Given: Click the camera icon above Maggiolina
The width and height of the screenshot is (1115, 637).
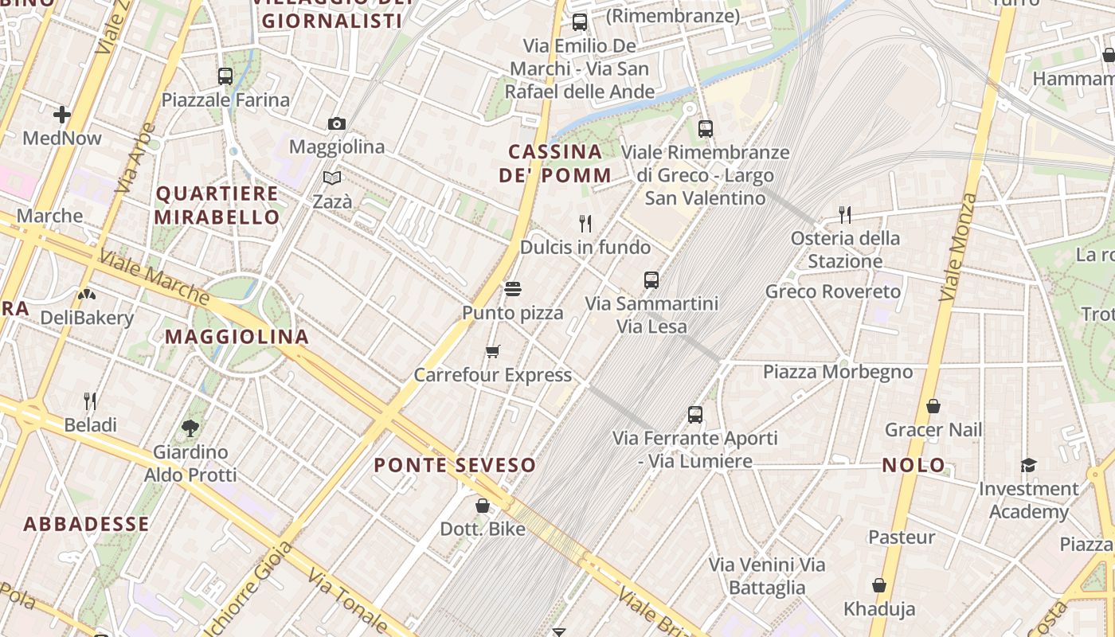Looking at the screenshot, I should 337,123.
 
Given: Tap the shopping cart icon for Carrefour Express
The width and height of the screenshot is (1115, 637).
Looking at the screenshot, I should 493,351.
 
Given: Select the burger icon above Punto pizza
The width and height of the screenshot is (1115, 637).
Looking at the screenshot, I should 513,288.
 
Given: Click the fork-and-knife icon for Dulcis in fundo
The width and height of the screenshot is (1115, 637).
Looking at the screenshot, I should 585,224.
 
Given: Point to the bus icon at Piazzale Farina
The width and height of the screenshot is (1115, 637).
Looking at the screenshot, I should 225,76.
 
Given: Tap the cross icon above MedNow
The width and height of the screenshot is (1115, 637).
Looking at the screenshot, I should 62,115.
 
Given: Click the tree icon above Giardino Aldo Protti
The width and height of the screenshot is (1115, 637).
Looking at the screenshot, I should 190,428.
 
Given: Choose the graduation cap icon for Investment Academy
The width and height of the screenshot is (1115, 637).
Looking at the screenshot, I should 1028,465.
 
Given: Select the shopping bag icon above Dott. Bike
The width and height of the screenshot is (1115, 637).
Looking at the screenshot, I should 482,506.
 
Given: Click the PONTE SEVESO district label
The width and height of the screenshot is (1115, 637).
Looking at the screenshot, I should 455,465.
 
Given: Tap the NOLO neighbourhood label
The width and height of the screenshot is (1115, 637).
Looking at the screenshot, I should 914,465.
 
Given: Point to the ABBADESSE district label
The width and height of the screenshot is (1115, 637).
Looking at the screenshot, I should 86,524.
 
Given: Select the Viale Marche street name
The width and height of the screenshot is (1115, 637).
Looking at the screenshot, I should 155,278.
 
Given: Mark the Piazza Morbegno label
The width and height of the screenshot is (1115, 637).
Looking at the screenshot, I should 838,372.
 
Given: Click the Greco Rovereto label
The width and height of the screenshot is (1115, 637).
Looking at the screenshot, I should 833,291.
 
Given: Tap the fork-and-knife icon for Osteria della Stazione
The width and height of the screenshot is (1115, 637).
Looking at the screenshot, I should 845,214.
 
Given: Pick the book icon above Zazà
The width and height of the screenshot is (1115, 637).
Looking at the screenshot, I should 332,178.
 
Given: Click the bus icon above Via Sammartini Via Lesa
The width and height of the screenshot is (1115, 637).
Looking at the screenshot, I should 651,279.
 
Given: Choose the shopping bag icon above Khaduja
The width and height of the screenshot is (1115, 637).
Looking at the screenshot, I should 879,585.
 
